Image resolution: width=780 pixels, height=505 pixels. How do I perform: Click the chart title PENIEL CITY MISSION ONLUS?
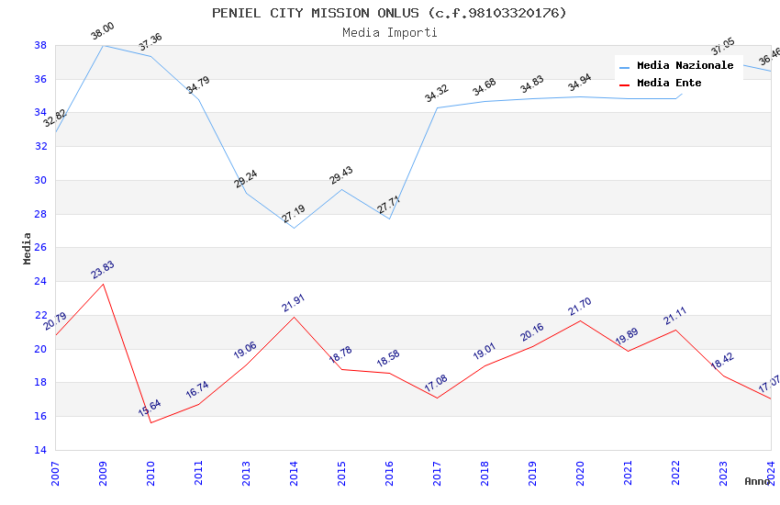389,13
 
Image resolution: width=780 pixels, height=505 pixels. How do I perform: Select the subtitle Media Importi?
389,33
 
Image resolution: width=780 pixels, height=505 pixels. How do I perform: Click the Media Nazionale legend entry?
685,66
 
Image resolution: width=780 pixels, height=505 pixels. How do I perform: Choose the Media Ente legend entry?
669,84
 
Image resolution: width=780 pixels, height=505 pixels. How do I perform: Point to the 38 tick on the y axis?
40,45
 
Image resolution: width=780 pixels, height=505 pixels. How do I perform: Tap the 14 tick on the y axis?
40,450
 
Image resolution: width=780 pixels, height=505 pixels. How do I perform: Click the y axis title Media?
28,248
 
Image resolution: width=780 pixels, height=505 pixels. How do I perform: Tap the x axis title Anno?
757,481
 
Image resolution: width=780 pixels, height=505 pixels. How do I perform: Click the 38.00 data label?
103,34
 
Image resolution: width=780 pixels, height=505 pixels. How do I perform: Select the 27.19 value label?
294,214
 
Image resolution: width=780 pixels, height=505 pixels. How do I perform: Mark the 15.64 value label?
150,409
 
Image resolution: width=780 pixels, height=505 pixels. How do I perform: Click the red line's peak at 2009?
103,284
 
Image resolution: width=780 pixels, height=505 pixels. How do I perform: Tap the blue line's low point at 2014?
294,228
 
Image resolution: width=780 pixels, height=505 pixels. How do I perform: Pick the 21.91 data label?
294,303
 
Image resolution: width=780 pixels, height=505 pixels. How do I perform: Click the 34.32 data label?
437,93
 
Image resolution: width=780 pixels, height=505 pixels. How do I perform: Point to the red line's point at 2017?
437,398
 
